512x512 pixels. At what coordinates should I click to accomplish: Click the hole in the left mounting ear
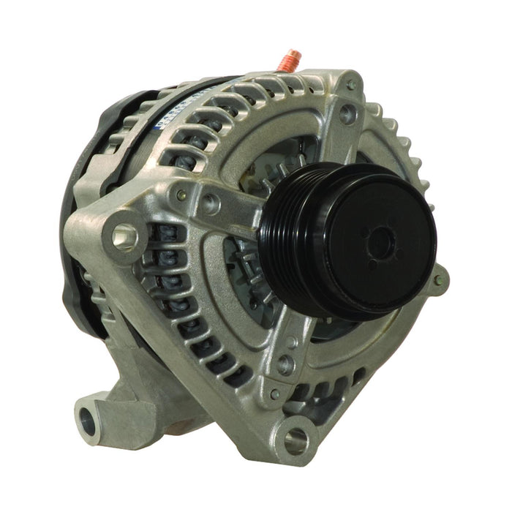click(x=124, y=236)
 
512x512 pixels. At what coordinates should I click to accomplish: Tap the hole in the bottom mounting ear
click(x=296, y=440)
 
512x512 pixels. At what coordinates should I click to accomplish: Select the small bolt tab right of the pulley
click(x=437, y=279)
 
